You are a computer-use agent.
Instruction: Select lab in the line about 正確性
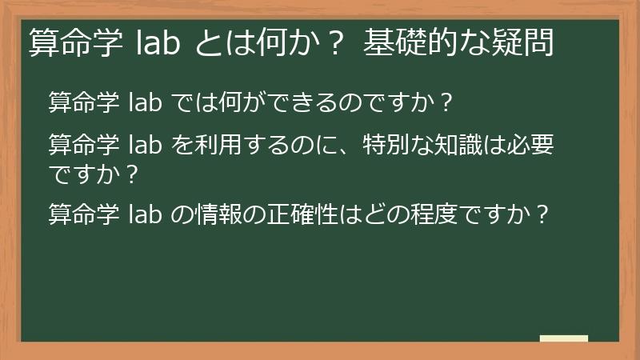tap(146, 215)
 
